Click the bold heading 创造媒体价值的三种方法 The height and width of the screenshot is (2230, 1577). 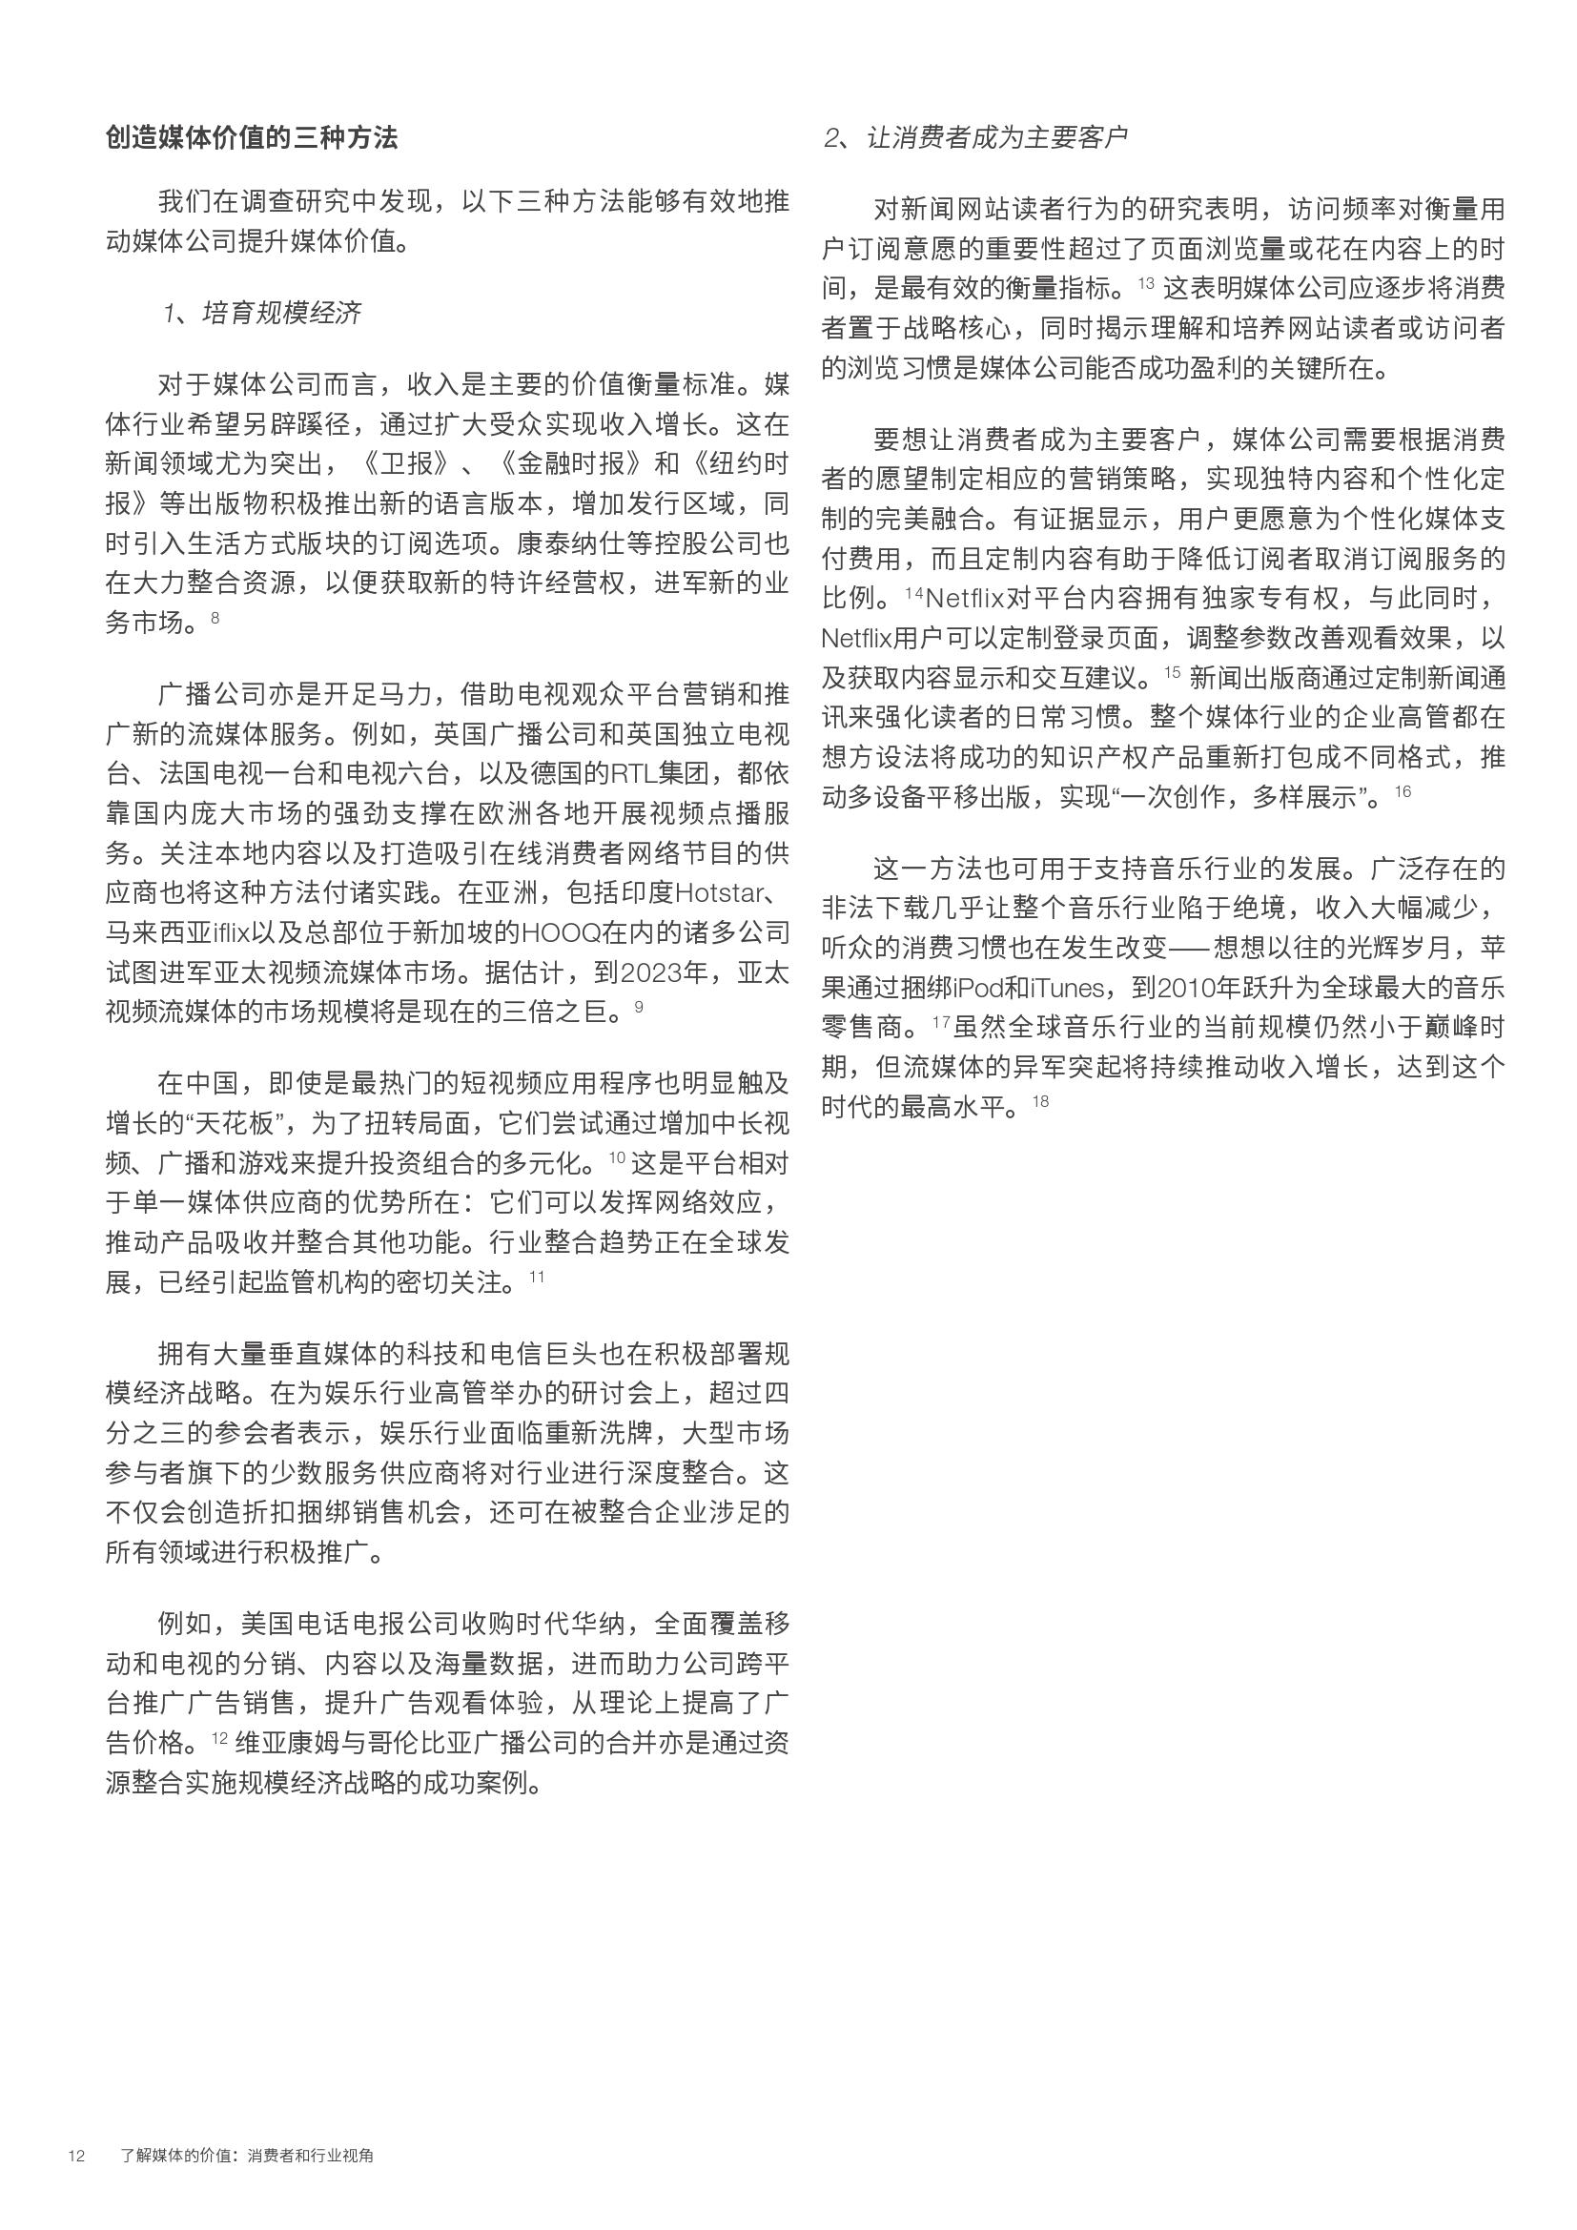[252, 138]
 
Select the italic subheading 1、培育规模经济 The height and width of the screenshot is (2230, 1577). [262, 313]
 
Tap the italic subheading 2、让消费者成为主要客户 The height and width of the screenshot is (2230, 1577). [975, 138]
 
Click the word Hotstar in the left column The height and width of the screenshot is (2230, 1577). [717, 892]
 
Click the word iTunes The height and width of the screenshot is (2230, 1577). [1067, 988]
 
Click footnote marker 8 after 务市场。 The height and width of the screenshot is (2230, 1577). [215, 617]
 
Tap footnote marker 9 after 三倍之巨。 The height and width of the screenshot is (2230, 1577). [638, 1006]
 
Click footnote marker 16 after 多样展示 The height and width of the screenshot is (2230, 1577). [1403, 791]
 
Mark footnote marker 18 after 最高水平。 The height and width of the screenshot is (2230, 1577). [1041, 1100]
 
